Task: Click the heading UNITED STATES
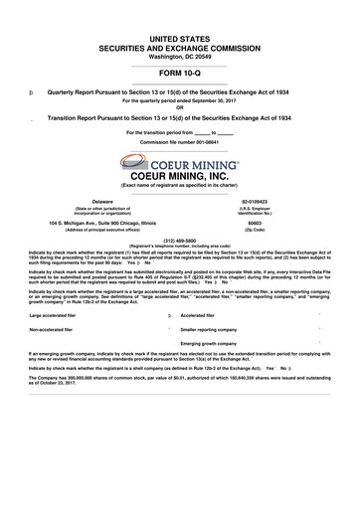coord(180,37)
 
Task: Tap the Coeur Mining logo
coord(180,161)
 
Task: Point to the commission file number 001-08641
coord(180,143)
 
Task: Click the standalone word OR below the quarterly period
coord(180,107)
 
